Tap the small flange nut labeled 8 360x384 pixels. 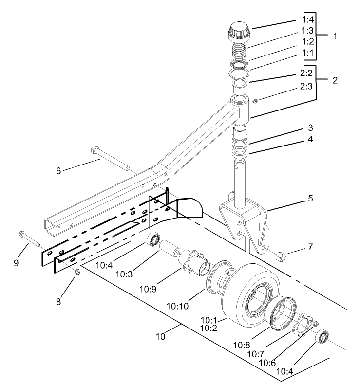point(76,271)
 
